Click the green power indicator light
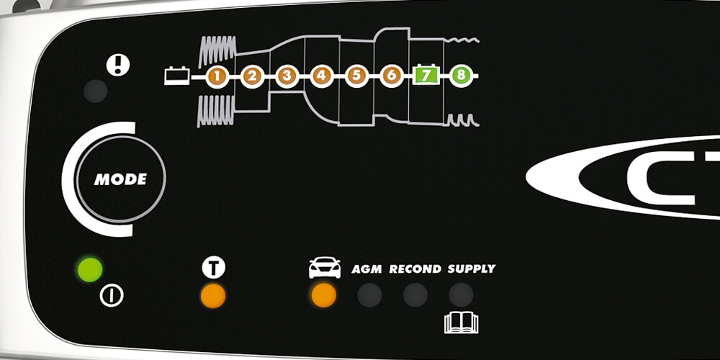[x=90, y=270]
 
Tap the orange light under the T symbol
[x=213, y=295]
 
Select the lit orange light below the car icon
[x=323, y=294]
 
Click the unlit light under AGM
[x=369, y=294]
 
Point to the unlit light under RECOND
[x=415, y=294]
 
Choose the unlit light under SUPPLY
[x=461, y=294]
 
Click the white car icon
[x=325, y=268]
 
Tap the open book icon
[x=461, y=322]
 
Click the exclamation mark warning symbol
[x=117, y=65]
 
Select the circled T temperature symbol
[x=213, y=268]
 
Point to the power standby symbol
[x=112, y=295]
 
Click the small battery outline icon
[x=177, y=75]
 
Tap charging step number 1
[x=217, y=76]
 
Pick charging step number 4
[x=322, y=76]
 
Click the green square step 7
[x=426, y=76]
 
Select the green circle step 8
[x=461, y=76]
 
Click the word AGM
[x=366, y=269]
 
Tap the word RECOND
[x=415, y=269]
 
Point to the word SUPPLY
[x=472, y=269]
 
